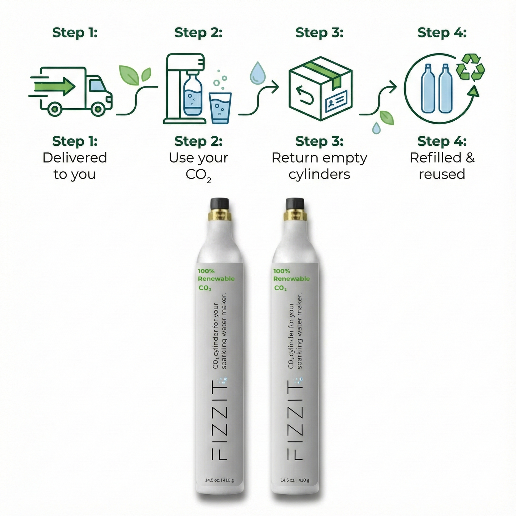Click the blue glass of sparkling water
click(220, 108)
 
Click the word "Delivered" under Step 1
click(75, 158)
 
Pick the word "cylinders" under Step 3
click(319, 175)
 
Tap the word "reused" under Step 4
click(442, 175)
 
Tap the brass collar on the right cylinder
click(295, 216)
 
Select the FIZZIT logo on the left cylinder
click(219, 420)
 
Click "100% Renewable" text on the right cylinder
click(291, 275)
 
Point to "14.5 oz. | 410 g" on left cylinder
click(219, 480)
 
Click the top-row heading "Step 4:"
click(442, 33)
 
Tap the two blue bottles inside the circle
click(436, 89)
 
